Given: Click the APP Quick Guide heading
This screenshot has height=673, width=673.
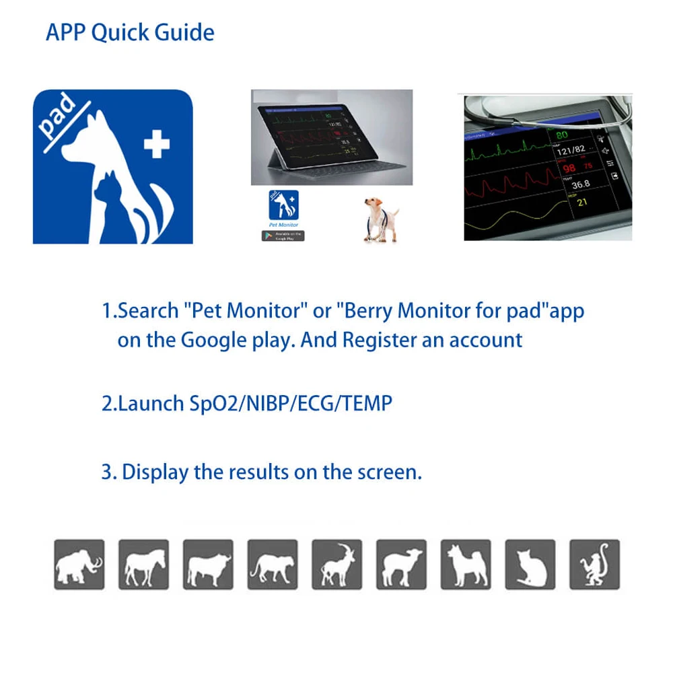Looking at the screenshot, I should (130, 32).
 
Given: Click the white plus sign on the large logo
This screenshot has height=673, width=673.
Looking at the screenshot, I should (157, 144).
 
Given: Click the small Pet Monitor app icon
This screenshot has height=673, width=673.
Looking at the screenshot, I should (283, 205).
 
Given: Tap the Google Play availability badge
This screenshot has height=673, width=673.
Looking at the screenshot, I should (283, 236).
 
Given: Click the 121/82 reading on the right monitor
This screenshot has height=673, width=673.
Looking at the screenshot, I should (572, 151).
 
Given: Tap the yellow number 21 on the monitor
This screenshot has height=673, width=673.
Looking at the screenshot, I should (581, 203).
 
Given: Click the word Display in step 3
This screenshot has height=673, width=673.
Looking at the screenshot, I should (155, 472).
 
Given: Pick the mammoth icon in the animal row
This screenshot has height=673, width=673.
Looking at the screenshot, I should (79, 565).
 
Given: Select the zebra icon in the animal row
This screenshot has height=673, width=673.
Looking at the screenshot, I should (143, 565).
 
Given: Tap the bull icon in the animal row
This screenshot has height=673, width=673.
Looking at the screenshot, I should (208, 565).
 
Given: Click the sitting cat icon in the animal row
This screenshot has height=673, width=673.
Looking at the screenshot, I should (530, 565).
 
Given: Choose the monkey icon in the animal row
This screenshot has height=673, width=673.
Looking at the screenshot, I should (594, 565).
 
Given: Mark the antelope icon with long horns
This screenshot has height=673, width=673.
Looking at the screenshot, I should (336, 565).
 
